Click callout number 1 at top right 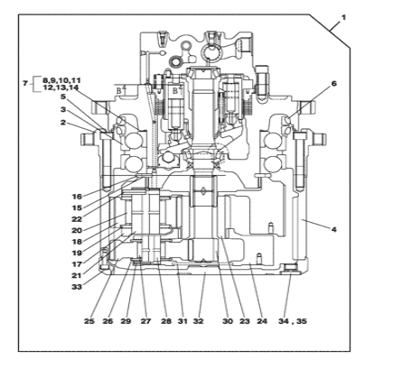[343, 18]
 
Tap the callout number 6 [334, 83]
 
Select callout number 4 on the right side [333, 229]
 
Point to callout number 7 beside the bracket [25, 83]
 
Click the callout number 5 [63, 97]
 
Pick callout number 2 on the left [63, 123]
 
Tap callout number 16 [77, 197]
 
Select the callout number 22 [77, 219]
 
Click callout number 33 [77, 287]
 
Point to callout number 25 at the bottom [89, 321]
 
